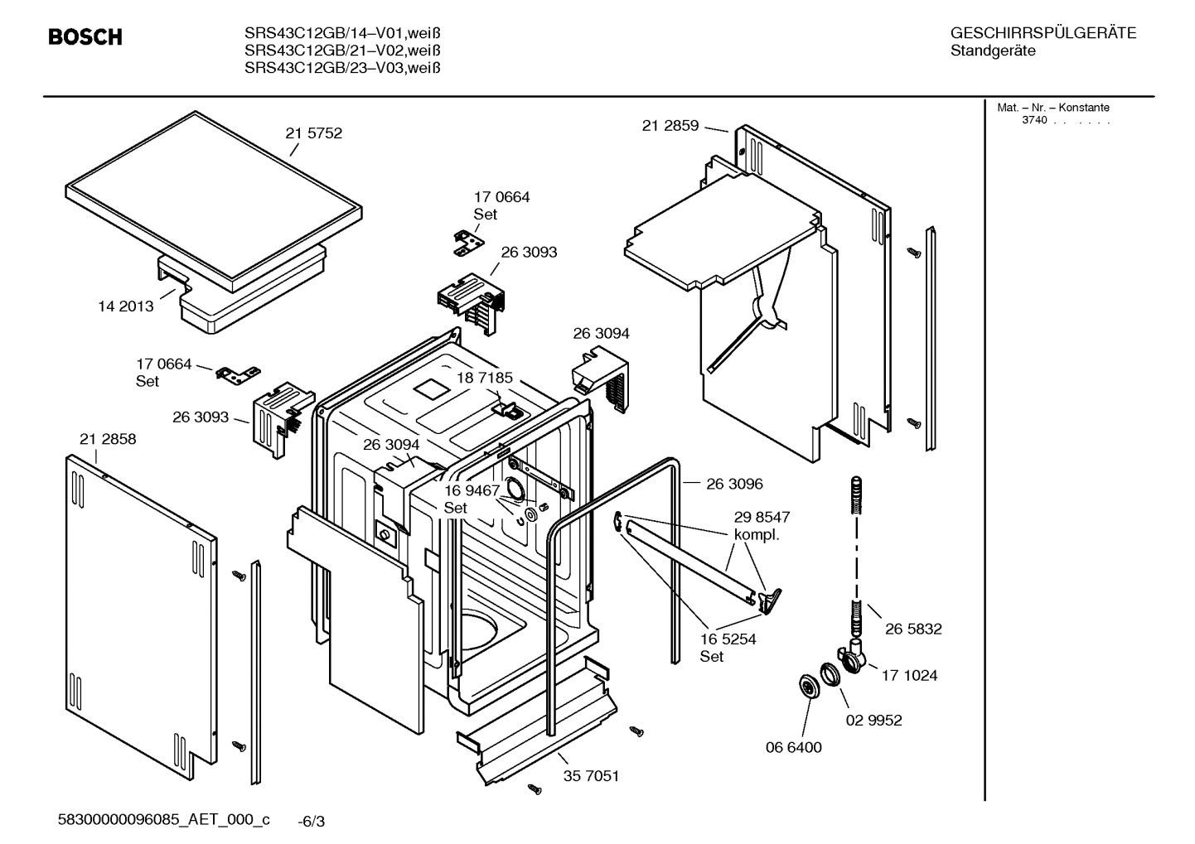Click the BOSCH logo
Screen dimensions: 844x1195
pyautogui.click(x=85, y=37)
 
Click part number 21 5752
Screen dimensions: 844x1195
pyautogui.click(x=313, y=133)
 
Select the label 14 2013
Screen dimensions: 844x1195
pyautogui.click(x=126, y=306)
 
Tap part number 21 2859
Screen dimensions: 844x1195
pyautogui.click(x=670, y=126)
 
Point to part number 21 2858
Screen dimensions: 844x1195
pyautogui.click(x=108, y=439)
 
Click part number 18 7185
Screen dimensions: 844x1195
pyautogui.click(x=484, y=378)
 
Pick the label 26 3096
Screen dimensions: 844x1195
pyautogui.click(x=734, y=484)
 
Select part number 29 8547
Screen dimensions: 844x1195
pyautogui.click(x=762, y=517)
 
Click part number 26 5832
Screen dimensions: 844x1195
pyautogui.click(x=912, y=629)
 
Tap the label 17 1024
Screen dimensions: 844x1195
pyautogui.click(x=909, y=676)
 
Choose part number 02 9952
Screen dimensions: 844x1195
pyautogui.click(x=873, y=721)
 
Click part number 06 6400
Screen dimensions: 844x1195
pyautogui.click(x=793, y=748)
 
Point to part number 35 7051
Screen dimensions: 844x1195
pyautogui.click(x=591, y=777)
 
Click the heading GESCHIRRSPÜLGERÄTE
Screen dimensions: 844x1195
pyautogui.click(x=1043, y=34)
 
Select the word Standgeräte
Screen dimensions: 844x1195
pyautogui.click(x=992, y=51)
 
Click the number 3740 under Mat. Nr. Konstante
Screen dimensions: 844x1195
pyautogui.click(x=1033, y=120)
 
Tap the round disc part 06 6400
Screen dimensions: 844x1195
pyautogui.click(x=806, y=686)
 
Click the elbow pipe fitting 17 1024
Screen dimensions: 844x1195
pyautogui.click(x=854, y=656)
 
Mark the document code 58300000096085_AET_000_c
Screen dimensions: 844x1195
pyautogui.click(x=163, y=820)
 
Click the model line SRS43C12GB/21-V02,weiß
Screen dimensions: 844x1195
pyautogui.click(x=341, y=51)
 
